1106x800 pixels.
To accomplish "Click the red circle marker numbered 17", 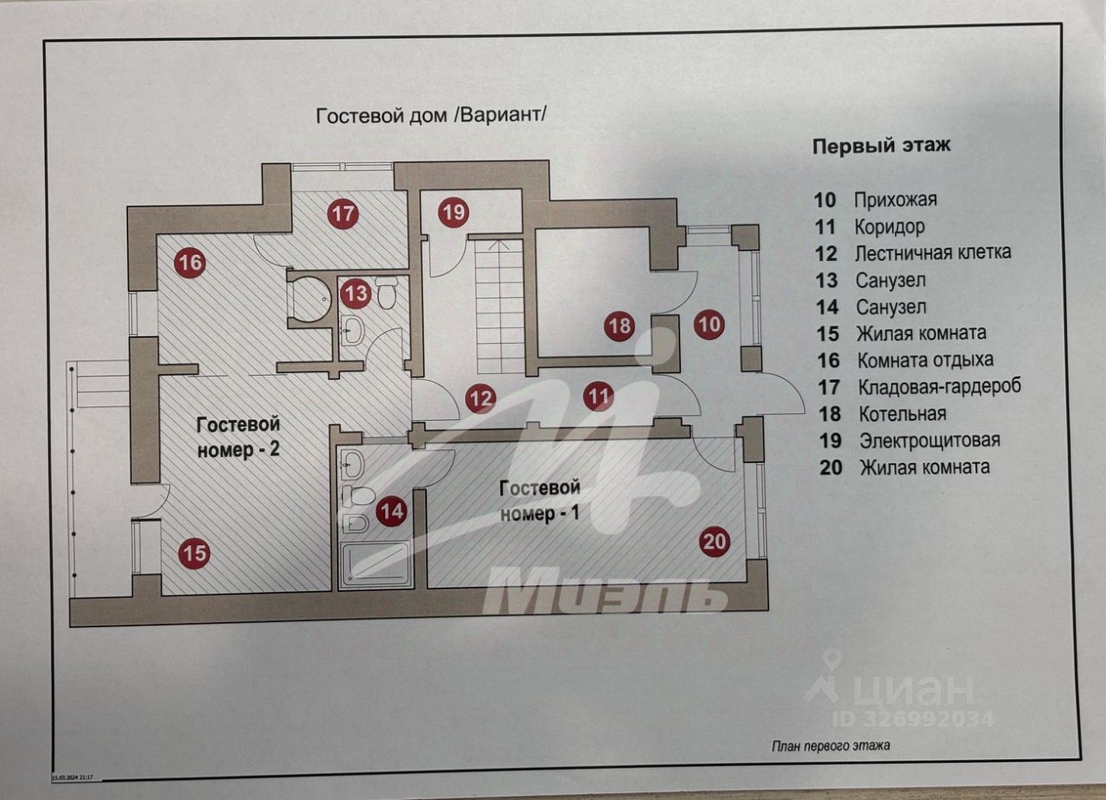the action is pyautogui.click(x=343, y=214).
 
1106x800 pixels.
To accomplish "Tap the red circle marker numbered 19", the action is pyautogui.click(x=454, y=213).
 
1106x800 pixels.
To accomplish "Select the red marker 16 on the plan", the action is pyautogui.click(x=190, y=263).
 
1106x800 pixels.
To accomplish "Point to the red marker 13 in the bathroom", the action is pyautogui.click(x=355, y=294).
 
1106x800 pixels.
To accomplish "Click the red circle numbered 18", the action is pyautogui.click(x=620, y=326).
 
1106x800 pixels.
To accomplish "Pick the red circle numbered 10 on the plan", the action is pyautogui.click(x=709, y=325).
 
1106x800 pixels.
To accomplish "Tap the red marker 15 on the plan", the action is pyautogui.click(x=194, y=554).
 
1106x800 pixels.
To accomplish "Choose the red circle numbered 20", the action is pyautogui.click(x=715, y=542).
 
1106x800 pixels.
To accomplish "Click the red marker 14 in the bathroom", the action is pyautogui.click(x=391, y=511).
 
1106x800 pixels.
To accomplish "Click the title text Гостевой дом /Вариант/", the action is pyautogui.click(x=431, y=116).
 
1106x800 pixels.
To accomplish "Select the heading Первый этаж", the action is pyautogui.click(x=881, y=147).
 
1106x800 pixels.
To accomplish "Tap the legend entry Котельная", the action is pyautogui.click(x=902, y=414).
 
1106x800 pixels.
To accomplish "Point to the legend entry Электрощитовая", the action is pyautogui.click(x=930, y=441).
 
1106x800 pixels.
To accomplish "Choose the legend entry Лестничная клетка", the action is pyautogui.click(x=932, y=253).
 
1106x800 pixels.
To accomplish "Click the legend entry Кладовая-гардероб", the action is pyautogui.click(x=939, y=387).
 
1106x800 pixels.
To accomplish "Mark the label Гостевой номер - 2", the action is pyautogui.click(x=238, y=437).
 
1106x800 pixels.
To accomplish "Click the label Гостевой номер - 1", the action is pyautogui.click(x=539, y=501).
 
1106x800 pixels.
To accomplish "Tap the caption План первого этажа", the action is pyautogui.click(x=831, y=746).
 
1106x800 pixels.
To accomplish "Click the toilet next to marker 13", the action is pyautogui.click(x=385, y=292).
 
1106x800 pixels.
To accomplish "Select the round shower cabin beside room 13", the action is pyautogui.click(x=311, y=299).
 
